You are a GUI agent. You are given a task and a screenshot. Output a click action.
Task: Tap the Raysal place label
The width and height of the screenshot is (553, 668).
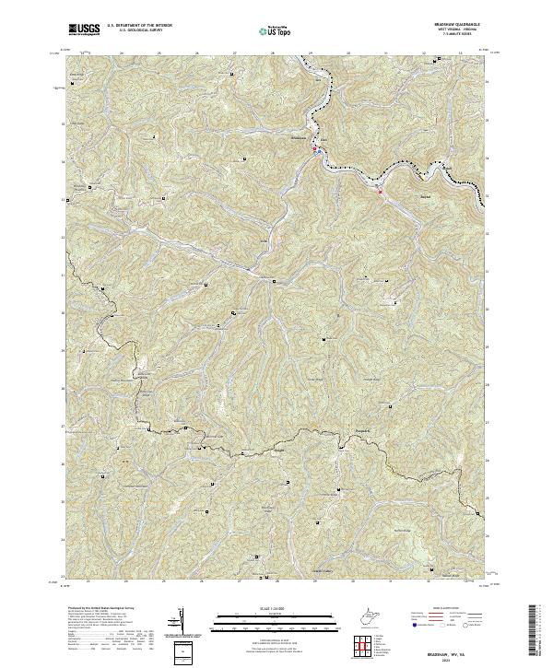pyautogui.click(x=398, y=195)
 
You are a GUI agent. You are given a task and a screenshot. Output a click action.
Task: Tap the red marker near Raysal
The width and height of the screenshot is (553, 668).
pyautogui.click(x=380, y=192)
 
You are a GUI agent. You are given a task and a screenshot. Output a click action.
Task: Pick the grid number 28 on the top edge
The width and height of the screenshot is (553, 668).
pyautogui.click(x=273, y=53)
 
